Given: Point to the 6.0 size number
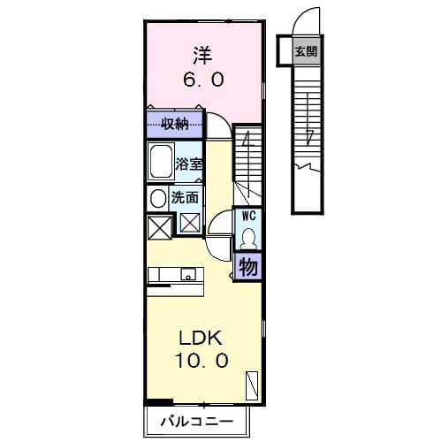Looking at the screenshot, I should point(204,79).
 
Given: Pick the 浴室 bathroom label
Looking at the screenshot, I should point(188,163).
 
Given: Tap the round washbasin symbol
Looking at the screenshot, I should point(157,198).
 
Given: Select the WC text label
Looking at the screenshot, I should point(248,215).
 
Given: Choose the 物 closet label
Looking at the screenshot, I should point(248,266).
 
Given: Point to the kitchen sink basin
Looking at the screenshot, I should point(188,276).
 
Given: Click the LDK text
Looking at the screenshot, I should point(203,338).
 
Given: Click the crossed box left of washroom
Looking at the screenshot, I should point(158,227).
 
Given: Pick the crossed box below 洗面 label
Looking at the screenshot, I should point(189,222).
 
